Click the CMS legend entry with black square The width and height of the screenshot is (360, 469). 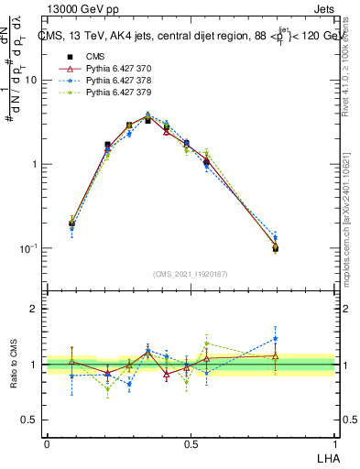[82, 56]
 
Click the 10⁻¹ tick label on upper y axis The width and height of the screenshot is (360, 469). [28, 249]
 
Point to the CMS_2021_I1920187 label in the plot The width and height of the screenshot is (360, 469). [190, 273]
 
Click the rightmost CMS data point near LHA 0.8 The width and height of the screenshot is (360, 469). [276, 247]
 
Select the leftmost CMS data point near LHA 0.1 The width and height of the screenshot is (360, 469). [72, 223]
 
